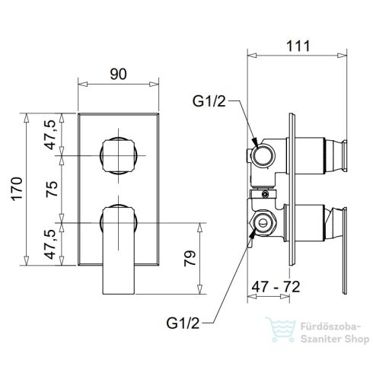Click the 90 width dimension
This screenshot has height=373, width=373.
(x=118, y=74)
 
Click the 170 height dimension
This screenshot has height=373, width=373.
(x=17, y=189)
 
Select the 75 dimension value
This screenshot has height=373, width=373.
(x=52, y=189)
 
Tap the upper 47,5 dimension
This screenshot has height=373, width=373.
(x=50, y=134)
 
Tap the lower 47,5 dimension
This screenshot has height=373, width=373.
(x=50, y=244)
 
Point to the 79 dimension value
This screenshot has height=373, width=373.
(x=190, y=258)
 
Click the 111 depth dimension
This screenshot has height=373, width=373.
(x=298, y=46)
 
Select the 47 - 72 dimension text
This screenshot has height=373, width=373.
(x=276, y=287)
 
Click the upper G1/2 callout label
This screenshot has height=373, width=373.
(x=209, y=101)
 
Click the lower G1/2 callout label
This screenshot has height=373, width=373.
(x=183, y=324)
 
